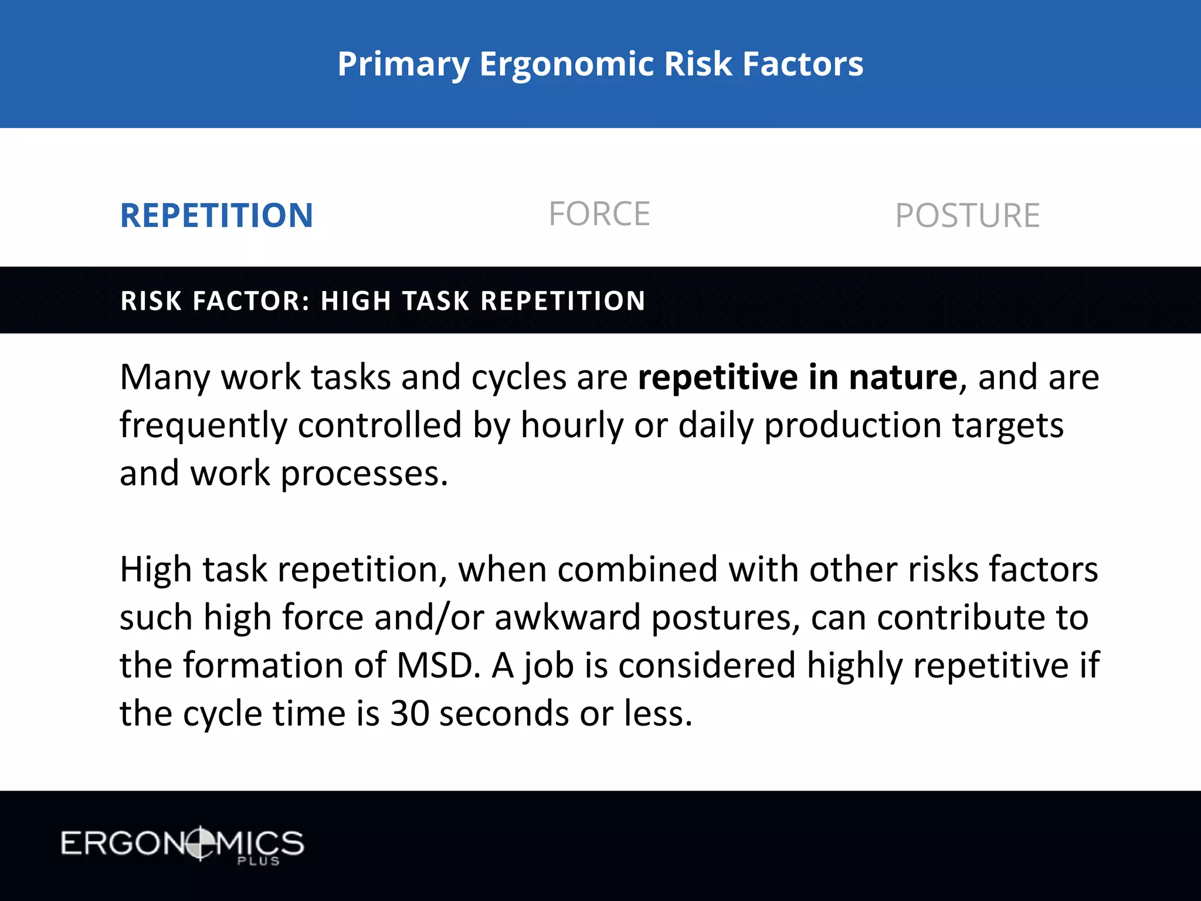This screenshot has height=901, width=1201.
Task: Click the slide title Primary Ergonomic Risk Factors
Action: tap(600, 64)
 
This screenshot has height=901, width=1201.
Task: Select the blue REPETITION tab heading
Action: tap(216, 215)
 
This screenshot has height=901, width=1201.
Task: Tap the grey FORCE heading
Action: tap(599, 214)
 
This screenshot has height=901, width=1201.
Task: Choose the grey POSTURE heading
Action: tap(967, 216)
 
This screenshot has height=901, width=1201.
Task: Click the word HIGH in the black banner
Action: tap(356, 301)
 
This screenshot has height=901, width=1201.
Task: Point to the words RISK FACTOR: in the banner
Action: tap(215, 301)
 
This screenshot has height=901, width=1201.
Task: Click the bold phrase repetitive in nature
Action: tap(798, 377)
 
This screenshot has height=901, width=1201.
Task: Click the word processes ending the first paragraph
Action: tap(364, 474)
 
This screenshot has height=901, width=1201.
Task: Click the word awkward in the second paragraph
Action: tap(567, 618)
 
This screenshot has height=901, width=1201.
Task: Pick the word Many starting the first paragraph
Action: tap(164, 377)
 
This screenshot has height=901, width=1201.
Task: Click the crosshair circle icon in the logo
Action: tap(201, 844)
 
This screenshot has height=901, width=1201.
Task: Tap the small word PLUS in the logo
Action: tap(258, 861)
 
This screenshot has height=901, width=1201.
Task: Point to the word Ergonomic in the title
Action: tap(566, 64)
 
